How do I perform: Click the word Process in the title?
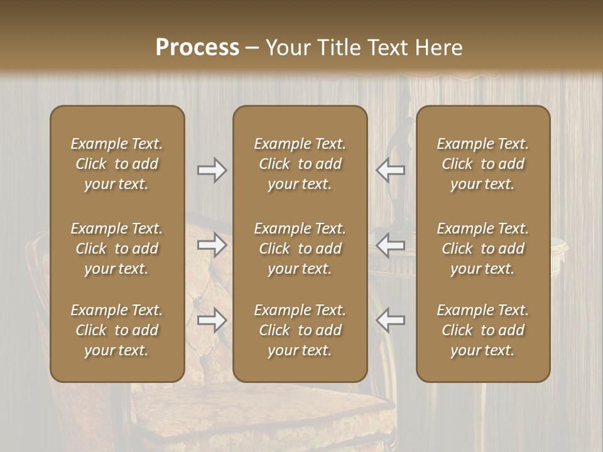pos(197,47)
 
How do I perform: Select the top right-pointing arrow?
pos(212,170)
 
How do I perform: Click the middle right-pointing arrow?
pos(212,245)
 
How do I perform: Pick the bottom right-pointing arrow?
pos(212,320)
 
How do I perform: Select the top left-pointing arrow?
pos(390,170)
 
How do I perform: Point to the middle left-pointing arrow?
pos(390,245)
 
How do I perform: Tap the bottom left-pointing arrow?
pos(390,320)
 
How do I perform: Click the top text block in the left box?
pos(117,164)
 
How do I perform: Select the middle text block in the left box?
pos(117,249)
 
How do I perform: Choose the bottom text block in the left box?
pos(117,330)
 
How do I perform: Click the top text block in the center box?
pos(300,164)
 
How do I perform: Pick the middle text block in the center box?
pos(300,249)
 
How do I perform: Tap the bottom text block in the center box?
pos(300,330)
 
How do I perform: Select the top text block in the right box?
pos(482,164)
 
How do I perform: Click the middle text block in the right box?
pos(482,249)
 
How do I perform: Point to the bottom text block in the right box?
pos(482,330)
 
